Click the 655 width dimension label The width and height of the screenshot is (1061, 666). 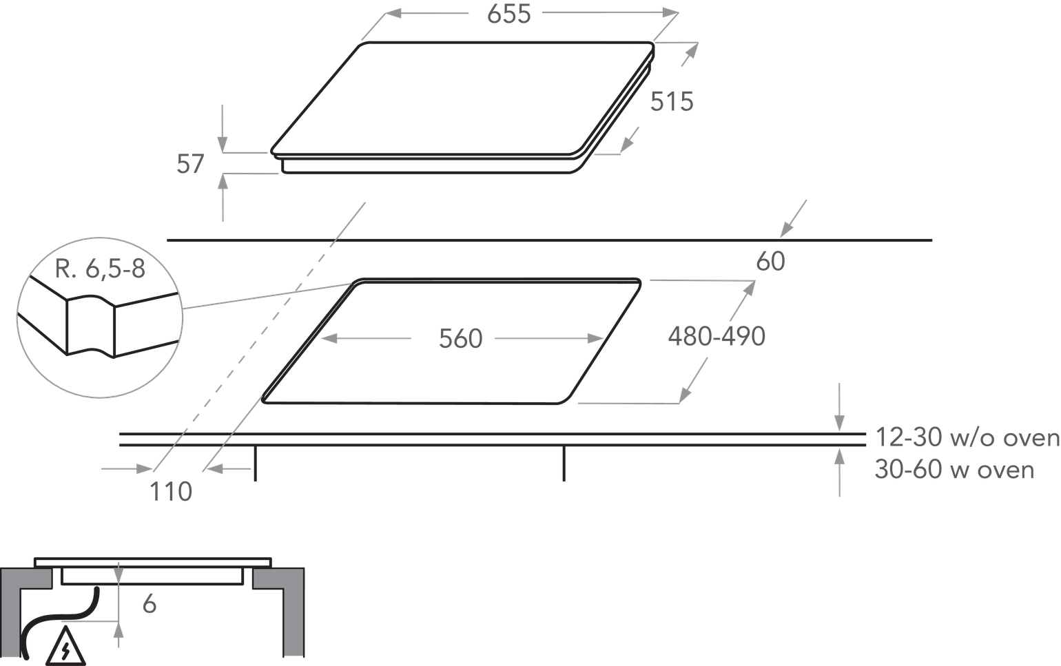pyautogui.click(x=508, y=14)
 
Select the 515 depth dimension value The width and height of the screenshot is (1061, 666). pyautogui.click(x=672, y=101)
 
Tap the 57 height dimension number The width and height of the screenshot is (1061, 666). pyautogui.click(x=190, y=164)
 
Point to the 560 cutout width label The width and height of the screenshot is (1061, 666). pyautogui.click(x=460, y=338)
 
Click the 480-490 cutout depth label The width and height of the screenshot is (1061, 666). pyautogui.click(x=717, y=337)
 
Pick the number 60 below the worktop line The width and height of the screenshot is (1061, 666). pyautogui.click(x=771, y=261)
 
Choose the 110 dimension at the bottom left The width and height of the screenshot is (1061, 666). pyautogui.click(x=171, y=492)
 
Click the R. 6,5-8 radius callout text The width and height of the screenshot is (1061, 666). pyautogui.click(x=100, y=269)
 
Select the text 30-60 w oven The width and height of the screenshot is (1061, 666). pyautogui.click(x=954, y=470)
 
